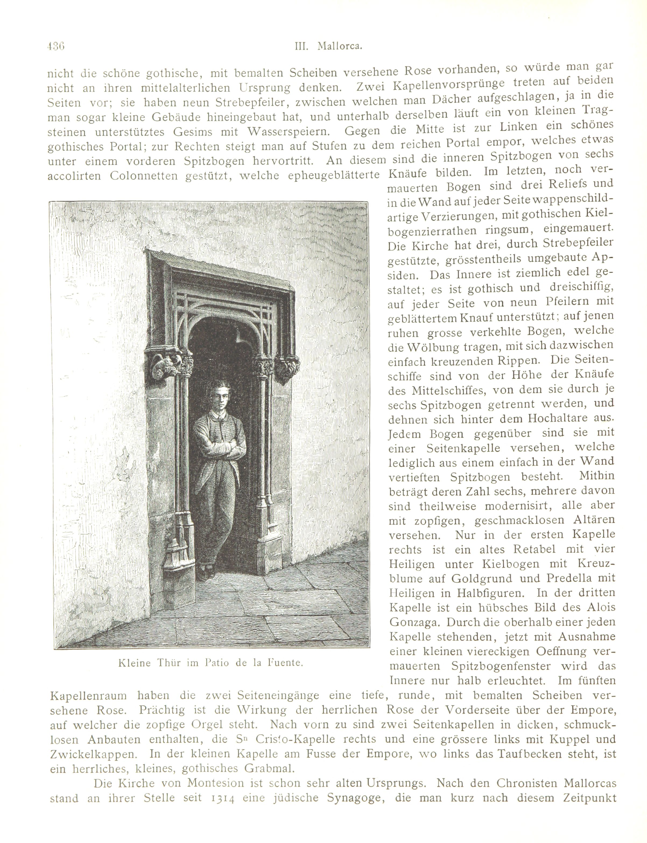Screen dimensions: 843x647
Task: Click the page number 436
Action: click(56, 46)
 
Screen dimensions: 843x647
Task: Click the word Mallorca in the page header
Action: click(339, 46)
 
